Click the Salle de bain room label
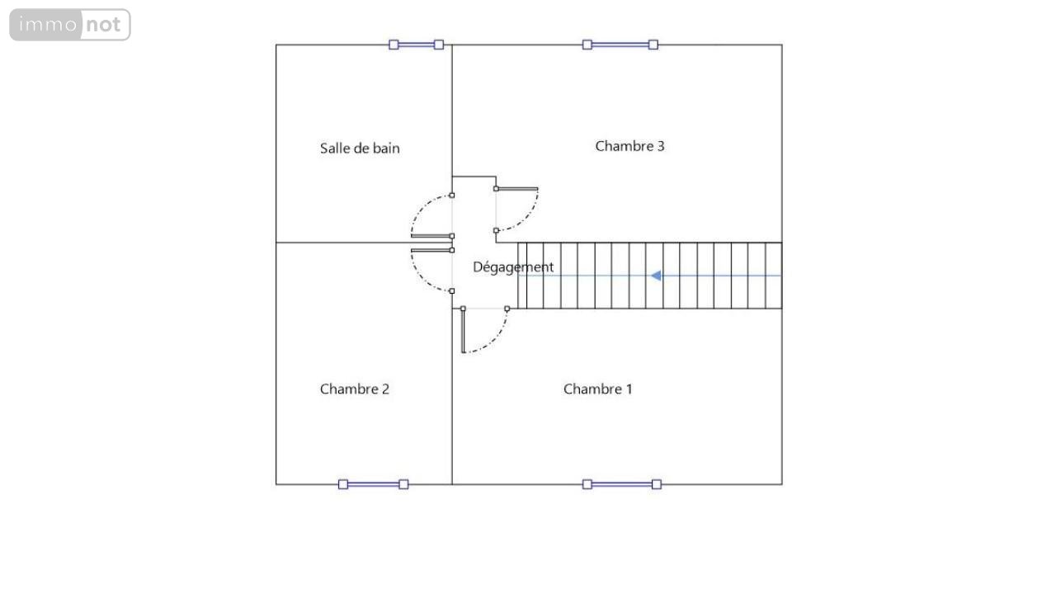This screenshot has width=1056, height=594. [360, 148]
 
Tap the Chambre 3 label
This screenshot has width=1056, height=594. [629, 146]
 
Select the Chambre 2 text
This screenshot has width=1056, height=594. [355, 389]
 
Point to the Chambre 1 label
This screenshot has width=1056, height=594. [598, 389]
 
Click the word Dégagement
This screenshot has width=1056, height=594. [513, 267]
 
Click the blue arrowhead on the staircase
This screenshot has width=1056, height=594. [656, 276]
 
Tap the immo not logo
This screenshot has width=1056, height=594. [70, 25]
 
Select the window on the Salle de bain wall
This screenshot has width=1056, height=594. [417, 45]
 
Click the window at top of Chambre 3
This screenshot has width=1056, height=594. [620, 45]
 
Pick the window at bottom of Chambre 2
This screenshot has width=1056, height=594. [374, 484]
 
